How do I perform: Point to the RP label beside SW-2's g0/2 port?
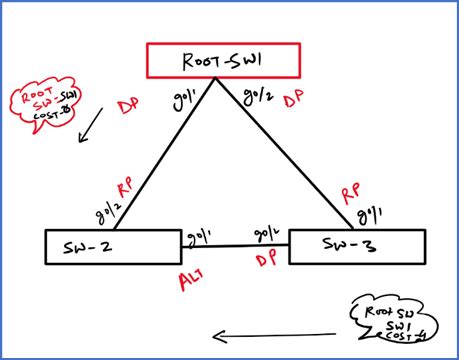pyautogui.click(x=126, y=188)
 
